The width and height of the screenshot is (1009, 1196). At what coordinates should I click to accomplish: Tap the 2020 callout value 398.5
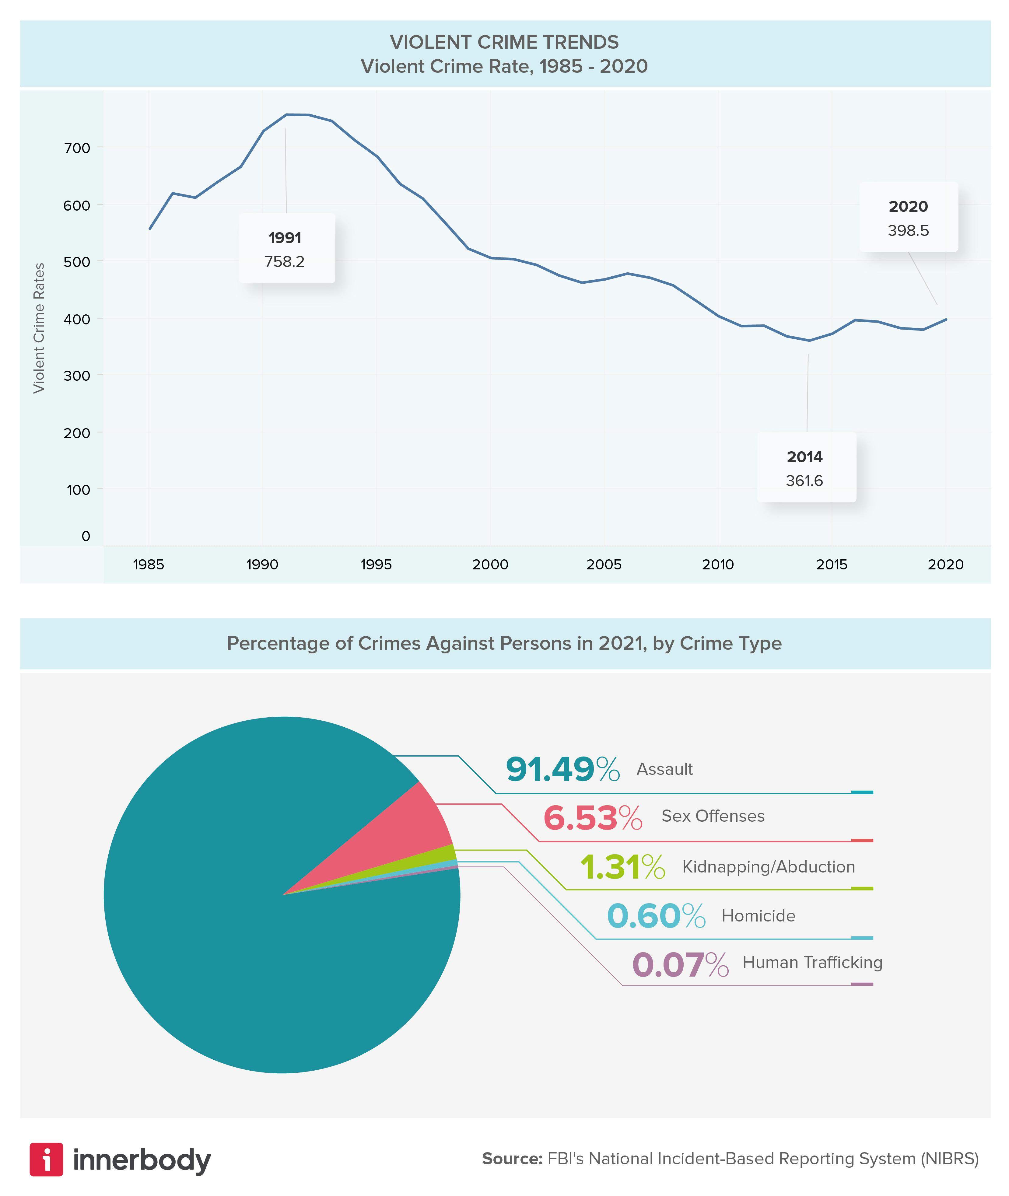pyautogui.click(x=908, y=231)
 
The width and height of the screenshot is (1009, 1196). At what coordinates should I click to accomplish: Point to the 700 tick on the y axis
pyautogui.click(x=77, y=148)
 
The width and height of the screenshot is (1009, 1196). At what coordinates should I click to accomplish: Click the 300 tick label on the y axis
pyautogui.click(x=77, y=376)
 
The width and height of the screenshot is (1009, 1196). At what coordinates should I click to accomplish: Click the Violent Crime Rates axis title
pyautogui.click(x=39, y=328)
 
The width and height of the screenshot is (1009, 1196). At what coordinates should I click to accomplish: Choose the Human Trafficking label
pyautogui.click(x=812, y=963)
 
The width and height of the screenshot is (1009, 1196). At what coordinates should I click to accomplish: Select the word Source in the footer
pyautogui.click(x=511, y=1159)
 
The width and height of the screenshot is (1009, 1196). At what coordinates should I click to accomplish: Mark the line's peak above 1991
pyautogui.click(x=286, y=115)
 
